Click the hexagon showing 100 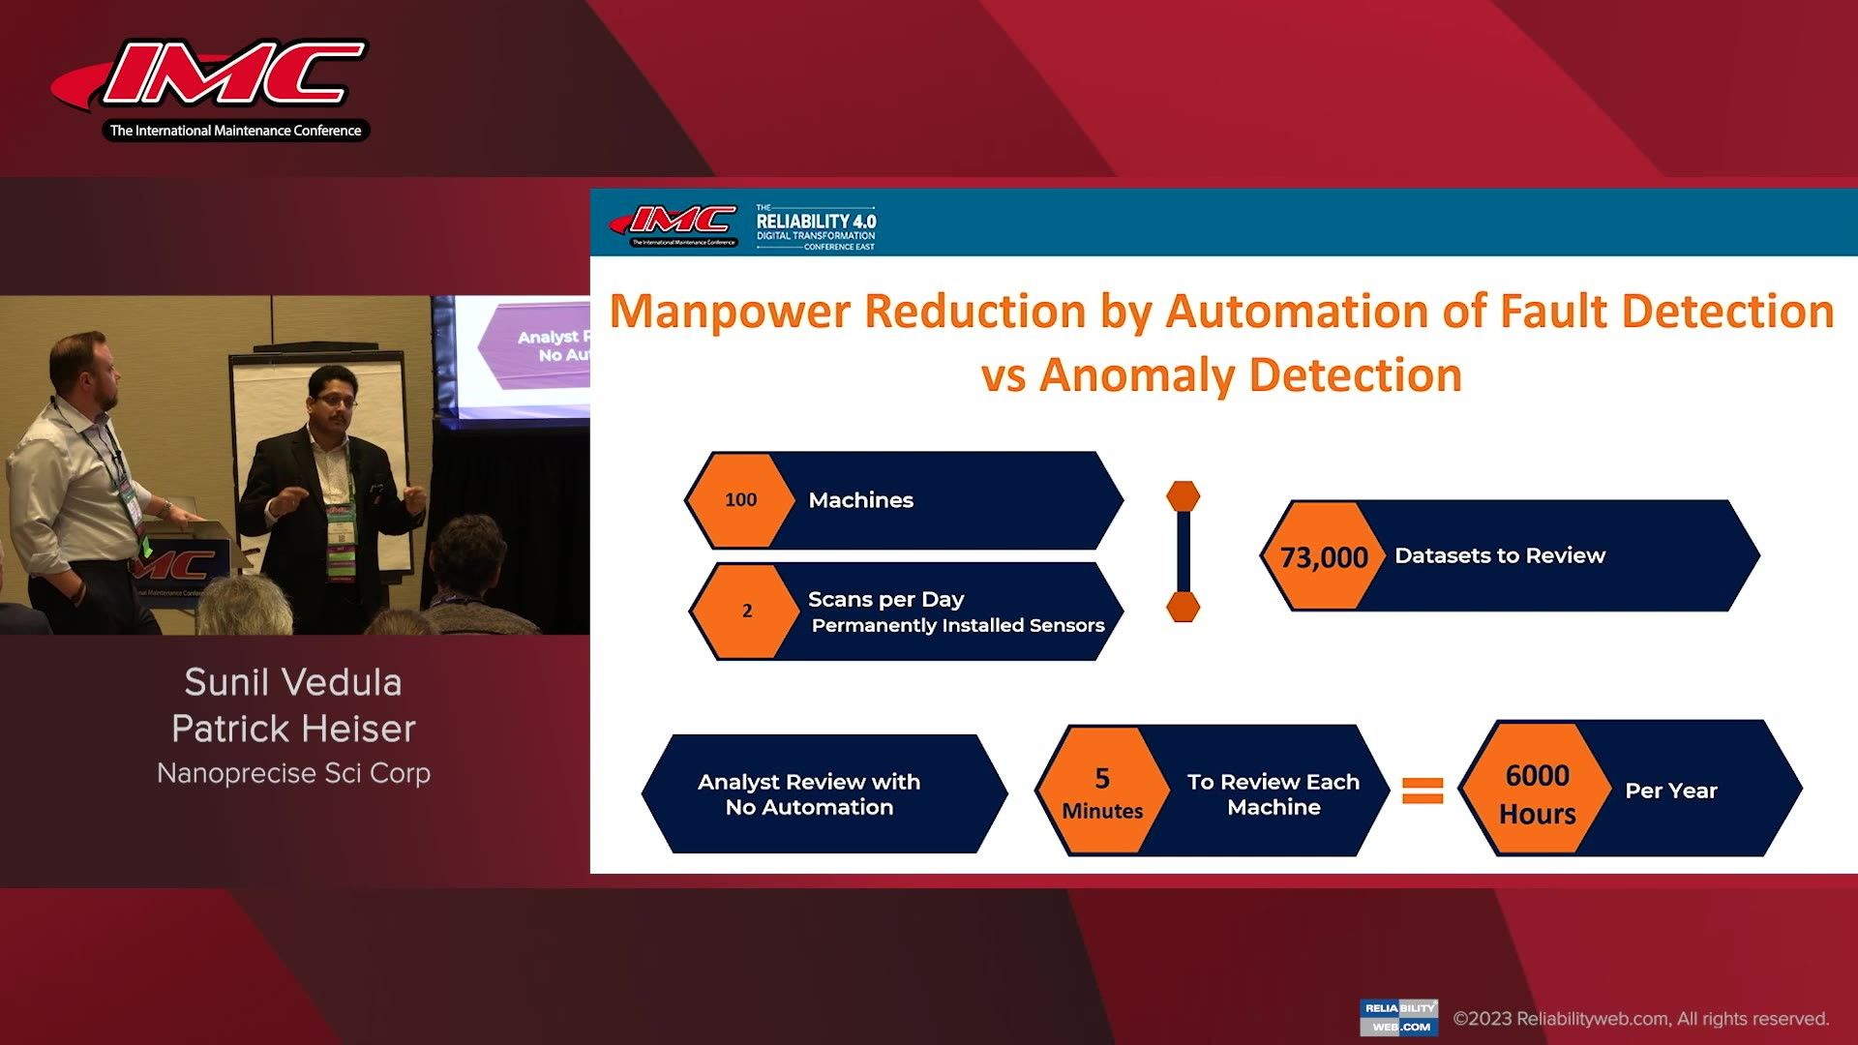pos(740,500)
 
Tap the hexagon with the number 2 pos(746,611)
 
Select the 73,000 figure pos(1323,557)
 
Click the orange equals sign pos(1423,791)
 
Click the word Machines pos(860,500)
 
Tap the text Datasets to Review pos(1499,555)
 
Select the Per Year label pos(1670,791)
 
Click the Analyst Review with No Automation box pos(809,794)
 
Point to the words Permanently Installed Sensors pos(957,625)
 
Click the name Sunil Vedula pos(293,682)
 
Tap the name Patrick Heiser pos(293,729)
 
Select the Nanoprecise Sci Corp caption pos(293,773)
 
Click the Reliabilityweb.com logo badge pos(1398,1017)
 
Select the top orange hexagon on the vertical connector pos(1183,496)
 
